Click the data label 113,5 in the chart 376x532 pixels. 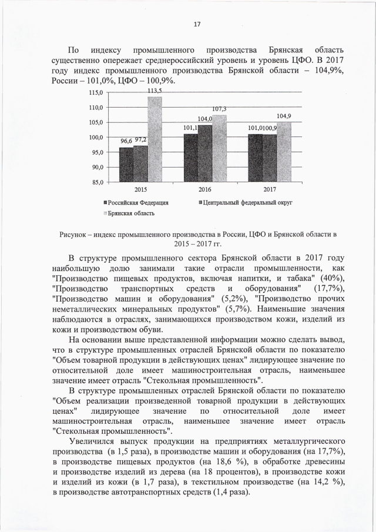(155, 91)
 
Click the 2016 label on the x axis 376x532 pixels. (204, 190)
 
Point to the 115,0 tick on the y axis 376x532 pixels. (95, 93)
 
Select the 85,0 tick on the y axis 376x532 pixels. (95, 182)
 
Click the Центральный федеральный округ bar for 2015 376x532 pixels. (141, 163)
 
